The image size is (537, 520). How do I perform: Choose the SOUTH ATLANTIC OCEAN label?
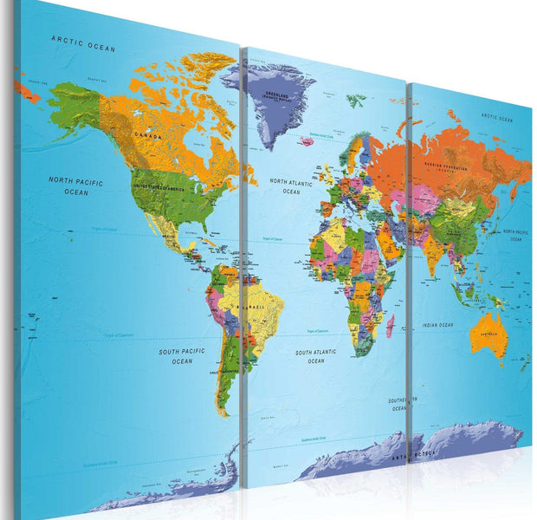[315, 356]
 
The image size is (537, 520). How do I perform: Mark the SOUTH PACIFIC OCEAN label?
[182, 355]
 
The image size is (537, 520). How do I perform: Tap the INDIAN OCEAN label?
[437, 326]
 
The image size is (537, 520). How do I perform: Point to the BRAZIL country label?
[256, 308]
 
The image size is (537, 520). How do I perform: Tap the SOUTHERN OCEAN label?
[401, 403]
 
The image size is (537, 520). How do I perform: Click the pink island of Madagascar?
[390, 326]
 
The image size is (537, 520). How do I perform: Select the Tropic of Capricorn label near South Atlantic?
[318, 331]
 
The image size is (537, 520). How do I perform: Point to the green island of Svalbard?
[355, 101]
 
